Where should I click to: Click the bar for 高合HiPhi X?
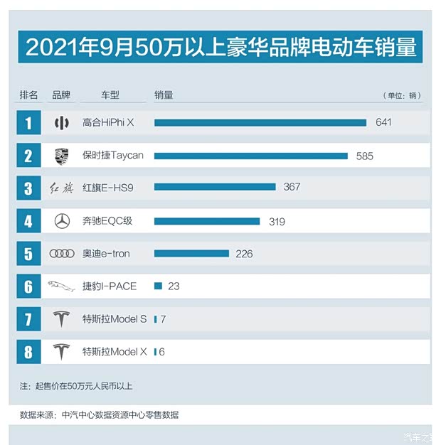[260, 122]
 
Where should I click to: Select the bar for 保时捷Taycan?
[250, 156]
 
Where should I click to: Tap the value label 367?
[292, 187]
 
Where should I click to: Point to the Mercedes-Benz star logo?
[62, 221]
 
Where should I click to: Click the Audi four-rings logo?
[62, 254]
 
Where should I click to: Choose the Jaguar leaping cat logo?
[62, 286]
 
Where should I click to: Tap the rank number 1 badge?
[28, 123]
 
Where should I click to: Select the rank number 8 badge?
[28, 352]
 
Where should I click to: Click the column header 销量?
[164, 95]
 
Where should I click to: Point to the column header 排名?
[28, 95]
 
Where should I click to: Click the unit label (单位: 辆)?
[402, 96]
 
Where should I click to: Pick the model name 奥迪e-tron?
[106, 254]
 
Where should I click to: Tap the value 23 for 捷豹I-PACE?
[174, 286]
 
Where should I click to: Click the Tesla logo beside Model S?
[62, 319]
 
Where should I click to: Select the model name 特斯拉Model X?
[114, 352]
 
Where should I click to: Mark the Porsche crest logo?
[62, 156]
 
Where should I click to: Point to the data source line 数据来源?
[99, 414]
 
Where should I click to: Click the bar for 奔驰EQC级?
[207, 221]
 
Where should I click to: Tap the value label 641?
[383, 122]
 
